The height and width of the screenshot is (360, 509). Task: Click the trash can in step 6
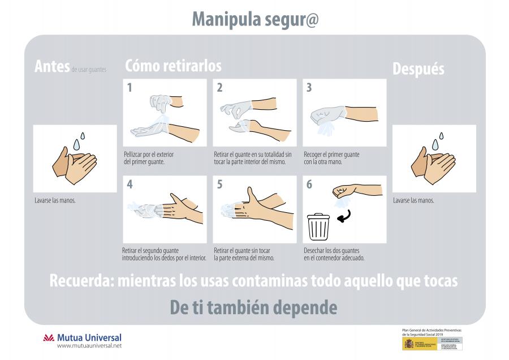point(318,226)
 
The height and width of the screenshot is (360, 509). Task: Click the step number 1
point(130,87)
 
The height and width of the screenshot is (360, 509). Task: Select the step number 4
point(130,185)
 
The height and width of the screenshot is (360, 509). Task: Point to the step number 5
point(219,185)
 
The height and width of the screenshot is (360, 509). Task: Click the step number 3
point(309,87)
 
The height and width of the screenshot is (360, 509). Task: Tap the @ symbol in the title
point(310,19)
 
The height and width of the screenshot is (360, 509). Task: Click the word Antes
point(51,67)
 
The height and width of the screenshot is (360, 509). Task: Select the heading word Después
point(418,69)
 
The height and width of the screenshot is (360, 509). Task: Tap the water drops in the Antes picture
point(81,140)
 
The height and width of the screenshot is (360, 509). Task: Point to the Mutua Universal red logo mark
point(49,338)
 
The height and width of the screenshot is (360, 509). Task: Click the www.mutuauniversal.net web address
point(89,345)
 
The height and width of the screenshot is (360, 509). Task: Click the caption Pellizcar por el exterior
point(148,154)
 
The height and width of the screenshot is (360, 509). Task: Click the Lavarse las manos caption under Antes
point(55,200)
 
